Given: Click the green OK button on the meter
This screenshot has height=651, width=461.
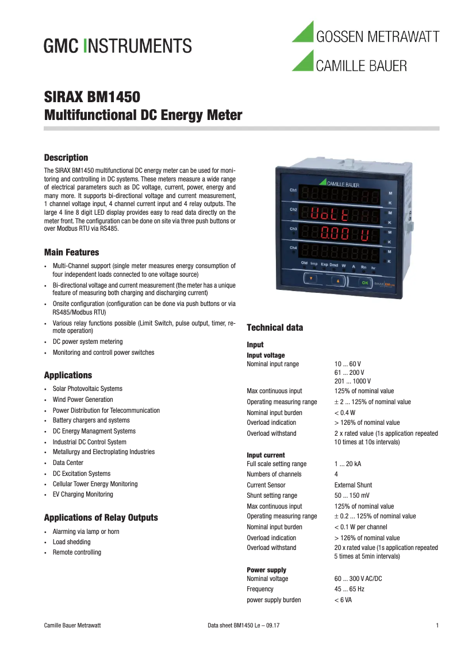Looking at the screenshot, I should point(365,282).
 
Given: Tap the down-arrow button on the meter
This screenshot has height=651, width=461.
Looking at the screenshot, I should point(311,278).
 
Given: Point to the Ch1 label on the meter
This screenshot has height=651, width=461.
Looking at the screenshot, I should point(293,190).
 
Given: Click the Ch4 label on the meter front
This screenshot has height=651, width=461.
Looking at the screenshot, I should point(293,248).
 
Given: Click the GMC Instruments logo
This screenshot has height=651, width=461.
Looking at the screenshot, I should point(118,45).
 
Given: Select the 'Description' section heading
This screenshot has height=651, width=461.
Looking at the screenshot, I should point(66,158).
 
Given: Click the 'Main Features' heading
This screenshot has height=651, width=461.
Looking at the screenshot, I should point(71,253).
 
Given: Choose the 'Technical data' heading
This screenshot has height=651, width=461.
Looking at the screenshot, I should point(274,328).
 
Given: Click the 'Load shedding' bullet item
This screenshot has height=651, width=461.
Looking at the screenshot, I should point(71,542).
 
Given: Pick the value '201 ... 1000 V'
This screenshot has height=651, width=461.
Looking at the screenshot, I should point(352,381).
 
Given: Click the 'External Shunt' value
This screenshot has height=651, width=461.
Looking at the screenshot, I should point(353,485).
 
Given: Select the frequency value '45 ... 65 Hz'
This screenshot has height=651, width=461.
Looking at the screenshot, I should point(349,589).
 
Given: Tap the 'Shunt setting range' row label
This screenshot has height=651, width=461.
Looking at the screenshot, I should point(272,495).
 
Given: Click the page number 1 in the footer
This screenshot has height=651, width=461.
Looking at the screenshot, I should point(437,625).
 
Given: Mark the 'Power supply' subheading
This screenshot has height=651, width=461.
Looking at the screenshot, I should point(266,570).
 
